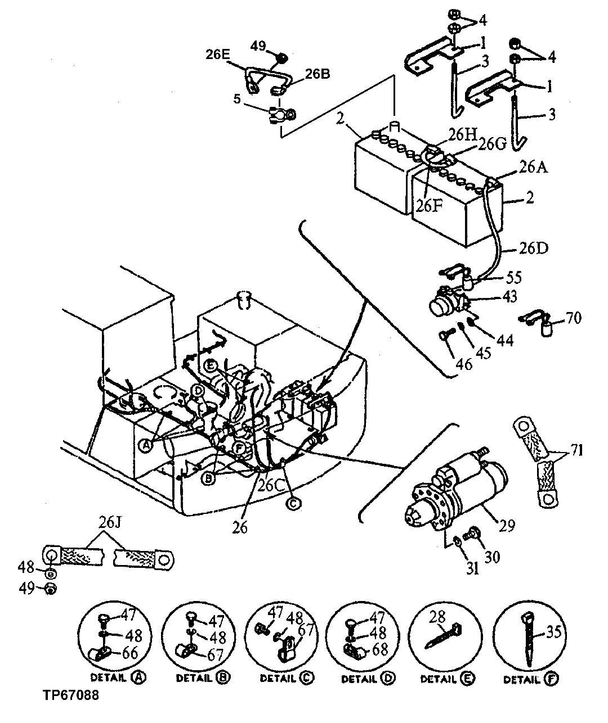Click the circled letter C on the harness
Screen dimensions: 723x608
293,504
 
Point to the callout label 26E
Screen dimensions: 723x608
217,55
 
